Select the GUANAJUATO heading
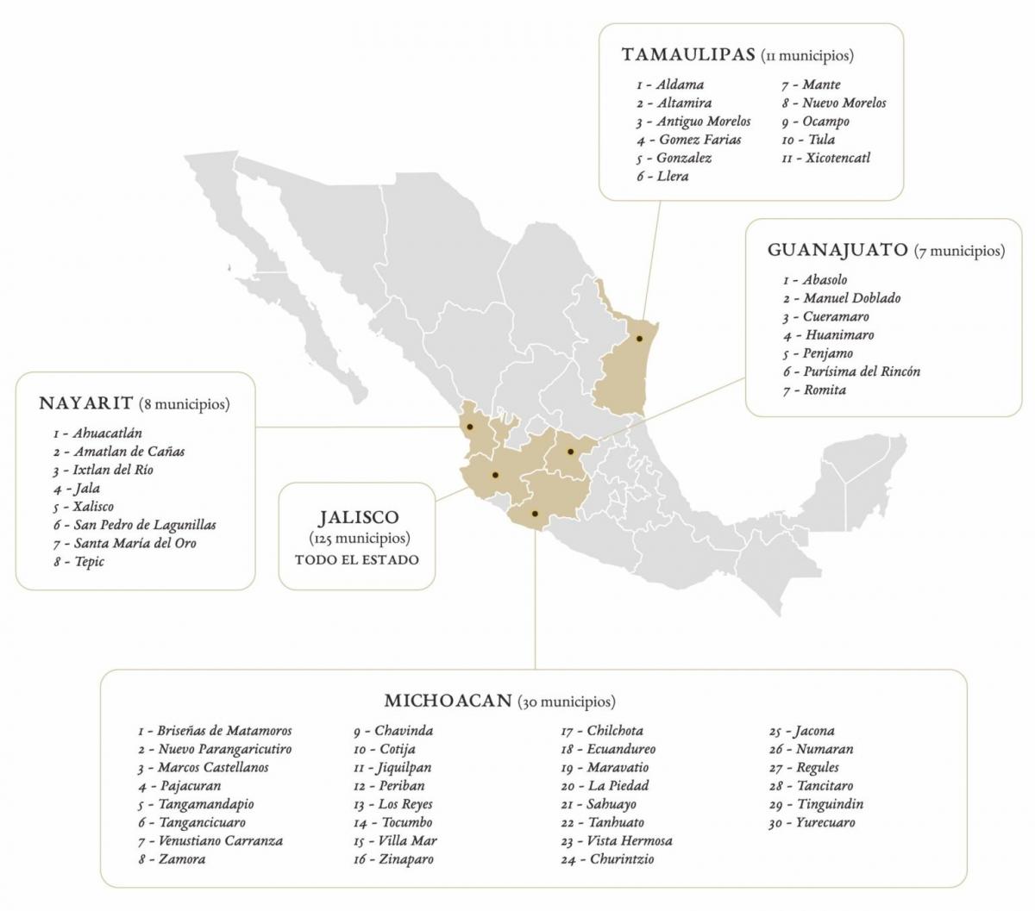coord(837,251)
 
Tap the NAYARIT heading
coord(86,403)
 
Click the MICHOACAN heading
coord(448,701)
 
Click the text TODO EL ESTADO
coord(357,559)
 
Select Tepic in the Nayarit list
coord(89,562)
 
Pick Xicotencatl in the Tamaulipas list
coord(837,158)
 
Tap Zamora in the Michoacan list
coord(181,859)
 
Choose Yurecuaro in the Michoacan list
coord(826,823)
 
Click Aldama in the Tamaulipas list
coord(680,84)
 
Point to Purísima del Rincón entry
coord(862,371)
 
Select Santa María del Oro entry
coord(135,543)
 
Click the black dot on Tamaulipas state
coord(639,339)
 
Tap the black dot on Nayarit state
coord(470,427)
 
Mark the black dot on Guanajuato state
coord(570,451)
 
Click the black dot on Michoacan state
coord(536,514)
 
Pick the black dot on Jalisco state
coord(495,475)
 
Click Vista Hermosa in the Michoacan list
coord(629,841)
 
